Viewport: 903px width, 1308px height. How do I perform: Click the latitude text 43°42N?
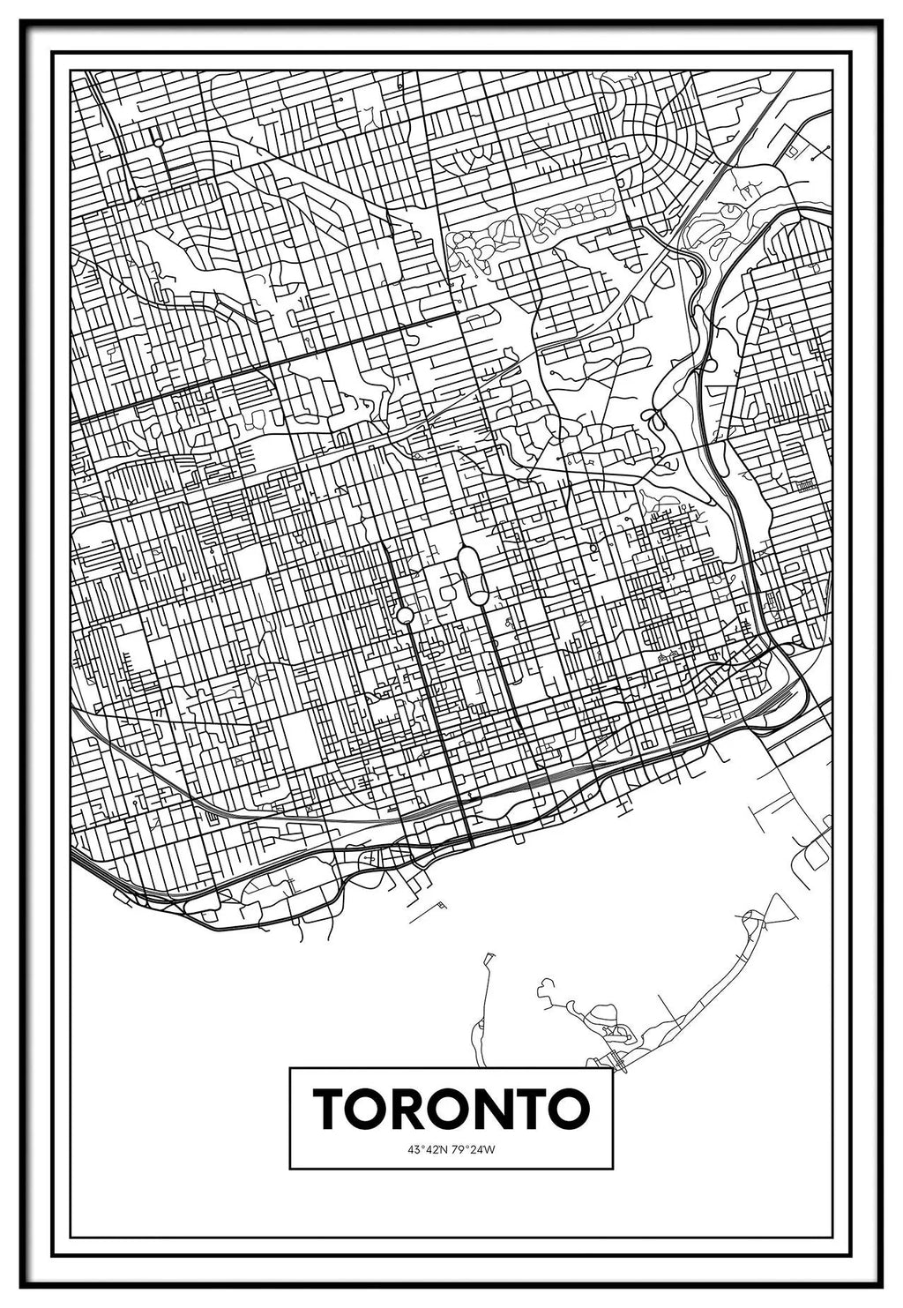(x=428, y=1149)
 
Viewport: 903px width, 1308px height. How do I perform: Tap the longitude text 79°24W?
(x=474, y=1149)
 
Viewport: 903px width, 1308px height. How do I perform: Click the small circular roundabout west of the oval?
(x=405, y=615)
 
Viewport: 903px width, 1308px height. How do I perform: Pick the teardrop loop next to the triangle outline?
(x=752, y=920)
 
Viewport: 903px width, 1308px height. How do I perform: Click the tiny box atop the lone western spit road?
(x=488, y=956)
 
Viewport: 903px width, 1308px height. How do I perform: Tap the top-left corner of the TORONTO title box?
(x=290, y=1069)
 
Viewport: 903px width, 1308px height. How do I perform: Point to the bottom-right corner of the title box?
(x=613, y=1169)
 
